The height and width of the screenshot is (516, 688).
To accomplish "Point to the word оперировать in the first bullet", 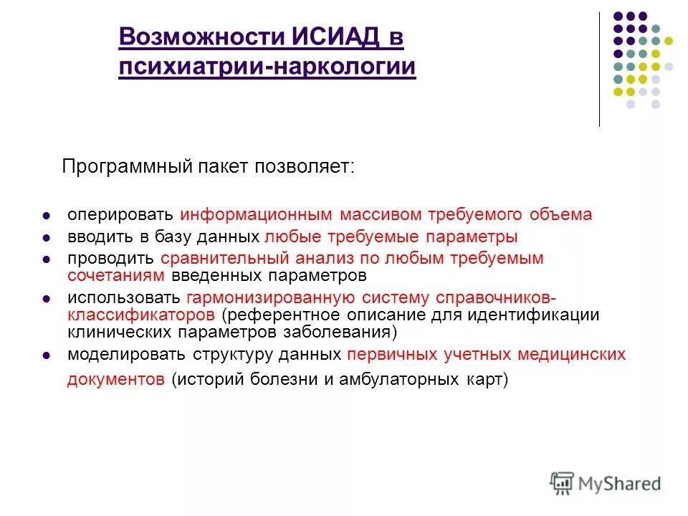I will tap(120, 215).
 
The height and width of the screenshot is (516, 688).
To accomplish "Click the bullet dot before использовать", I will tap(47, 297).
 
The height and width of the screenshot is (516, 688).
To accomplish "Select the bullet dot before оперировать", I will tap(47, 216).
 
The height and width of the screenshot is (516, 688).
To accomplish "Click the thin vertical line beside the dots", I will tap(599, 72).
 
